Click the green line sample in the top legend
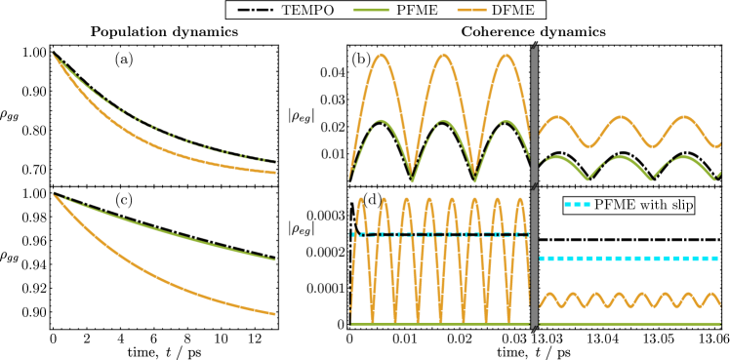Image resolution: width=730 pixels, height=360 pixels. pyautogui.click(x=371, y=10)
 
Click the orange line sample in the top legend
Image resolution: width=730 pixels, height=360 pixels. pyautogui.click(x=471, y=10)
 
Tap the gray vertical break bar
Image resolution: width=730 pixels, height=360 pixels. pyautogui.click(x=534, y=185)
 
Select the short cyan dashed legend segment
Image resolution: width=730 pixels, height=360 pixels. pyautogui.click(x=577, y=204)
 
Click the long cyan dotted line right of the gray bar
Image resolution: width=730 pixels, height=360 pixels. pyautogui.click(x=629, y=259)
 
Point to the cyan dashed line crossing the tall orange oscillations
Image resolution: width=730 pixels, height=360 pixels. pyautogui.click(x=439, y=234)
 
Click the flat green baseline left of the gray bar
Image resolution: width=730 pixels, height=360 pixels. pyautogui.click(x=439, y=323)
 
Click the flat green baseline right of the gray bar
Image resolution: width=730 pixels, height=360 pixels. pyautogui.click(x=629, y=323)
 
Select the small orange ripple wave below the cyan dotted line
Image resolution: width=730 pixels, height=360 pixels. pyautogui.click(x=629, y=300)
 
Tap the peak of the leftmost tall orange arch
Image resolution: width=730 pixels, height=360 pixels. pyautogui.click(x=382, y=55)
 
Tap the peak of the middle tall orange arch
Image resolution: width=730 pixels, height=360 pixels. pyautogui.click(x=444, y=55)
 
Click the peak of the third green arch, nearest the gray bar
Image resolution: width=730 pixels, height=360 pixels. pyautogui.click(x=506, y=121)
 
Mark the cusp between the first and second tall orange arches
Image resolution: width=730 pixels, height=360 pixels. pyautogui.click(x=413, y=179)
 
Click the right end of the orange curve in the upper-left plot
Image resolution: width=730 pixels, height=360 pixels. pyautogui.click(x=275, y=173)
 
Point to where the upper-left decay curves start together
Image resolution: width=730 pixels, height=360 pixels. pyautogui.click(x=53, y=55)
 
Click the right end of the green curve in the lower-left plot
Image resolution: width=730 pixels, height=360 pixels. pyautogui.click(x=275, y=260)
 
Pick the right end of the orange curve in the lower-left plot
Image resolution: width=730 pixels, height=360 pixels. pyautogui.click(x=275, y=314)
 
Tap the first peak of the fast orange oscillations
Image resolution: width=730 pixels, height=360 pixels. pyautogui.click(x=361, y=199)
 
